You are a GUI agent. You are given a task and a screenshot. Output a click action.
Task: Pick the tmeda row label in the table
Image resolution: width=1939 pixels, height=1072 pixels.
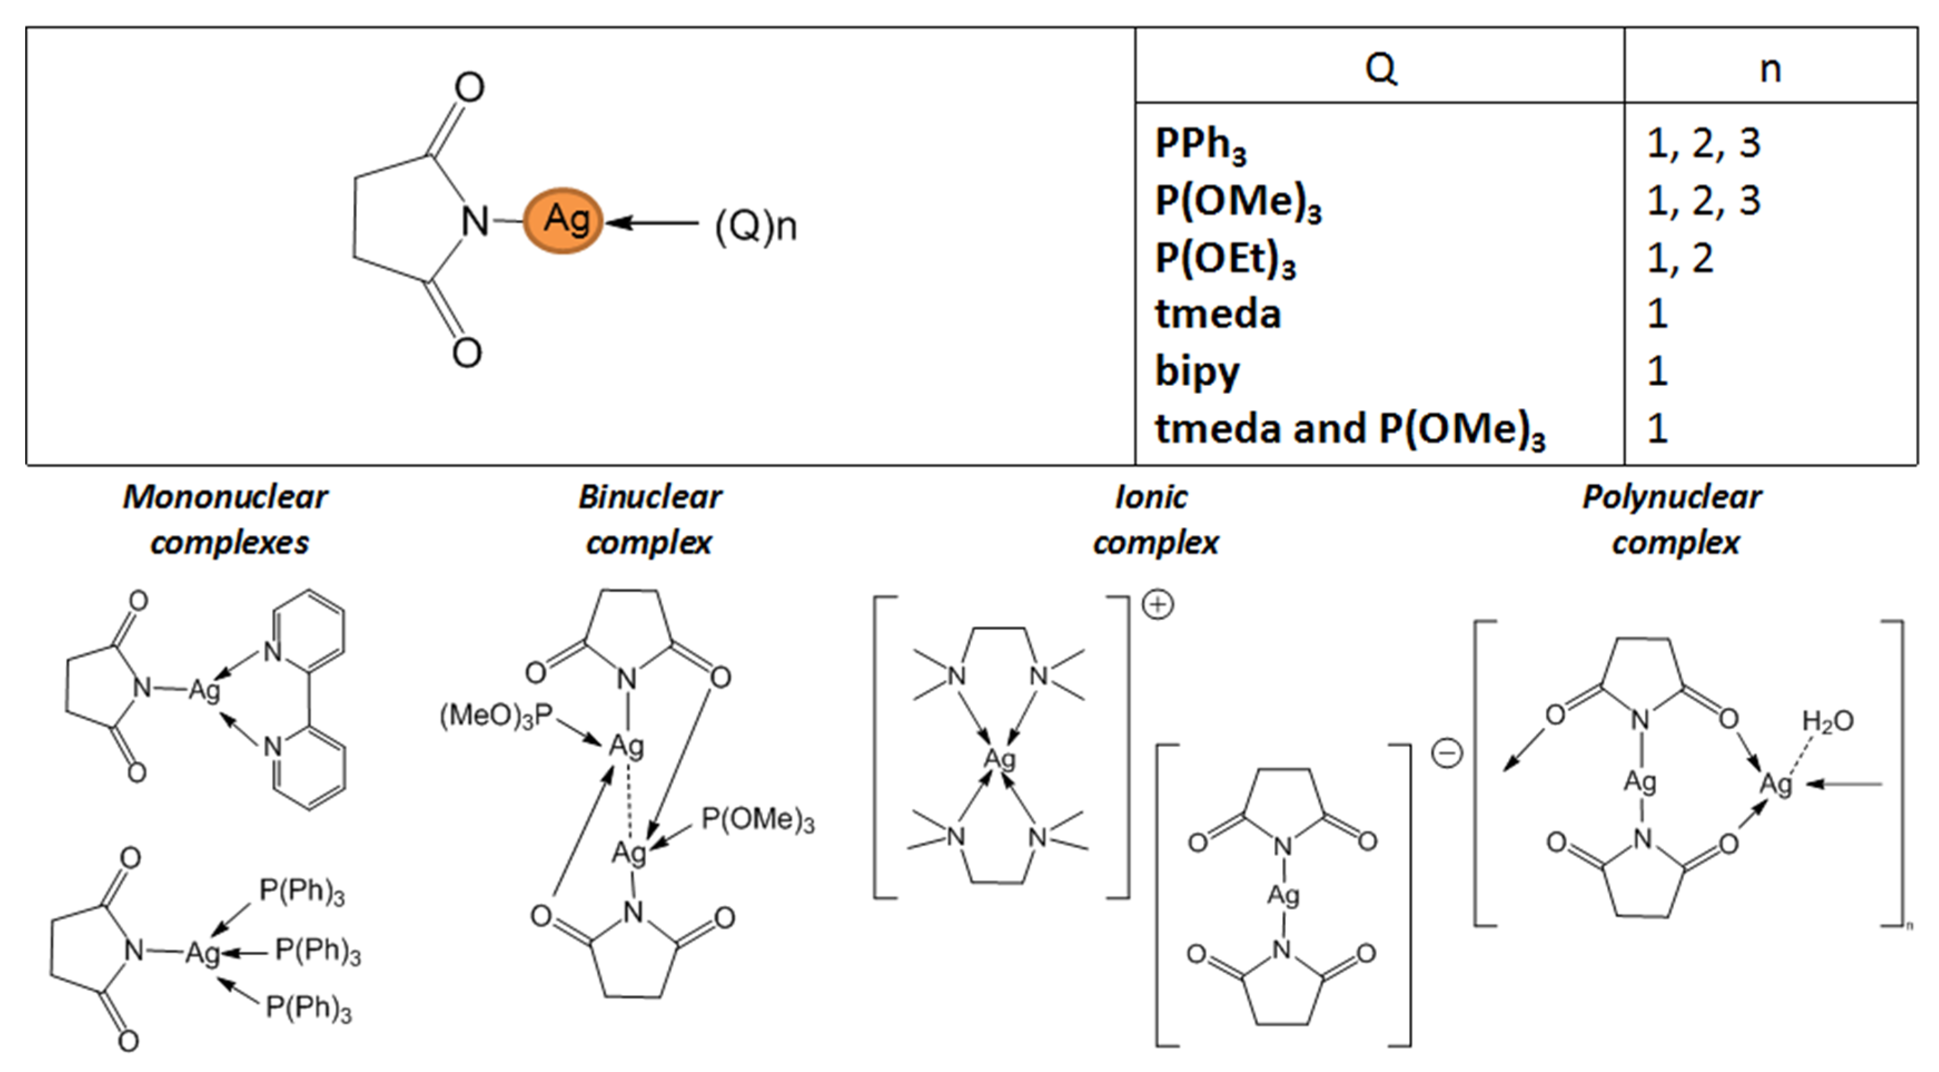pos(1218,314)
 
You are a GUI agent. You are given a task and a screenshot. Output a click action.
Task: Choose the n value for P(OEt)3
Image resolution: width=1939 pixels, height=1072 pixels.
pos(1680,258)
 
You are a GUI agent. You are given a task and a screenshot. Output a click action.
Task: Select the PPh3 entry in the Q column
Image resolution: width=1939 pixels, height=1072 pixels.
pos(1201,144)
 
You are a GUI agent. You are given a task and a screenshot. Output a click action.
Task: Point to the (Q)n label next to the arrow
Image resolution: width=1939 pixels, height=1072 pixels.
pos(755,226)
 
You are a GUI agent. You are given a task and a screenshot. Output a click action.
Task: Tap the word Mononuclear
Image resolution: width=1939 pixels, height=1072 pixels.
pos(225,497)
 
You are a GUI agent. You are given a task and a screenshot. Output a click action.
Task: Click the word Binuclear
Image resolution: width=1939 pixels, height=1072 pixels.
pos(649,497)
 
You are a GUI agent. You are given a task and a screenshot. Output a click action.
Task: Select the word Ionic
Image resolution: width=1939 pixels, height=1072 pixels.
pos(1151,497)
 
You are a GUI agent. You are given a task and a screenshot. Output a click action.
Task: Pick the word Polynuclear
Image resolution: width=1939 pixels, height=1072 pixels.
pos(1672,497)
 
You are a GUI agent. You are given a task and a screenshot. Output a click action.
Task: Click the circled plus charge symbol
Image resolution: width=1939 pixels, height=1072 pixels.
pos(1158,604)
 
